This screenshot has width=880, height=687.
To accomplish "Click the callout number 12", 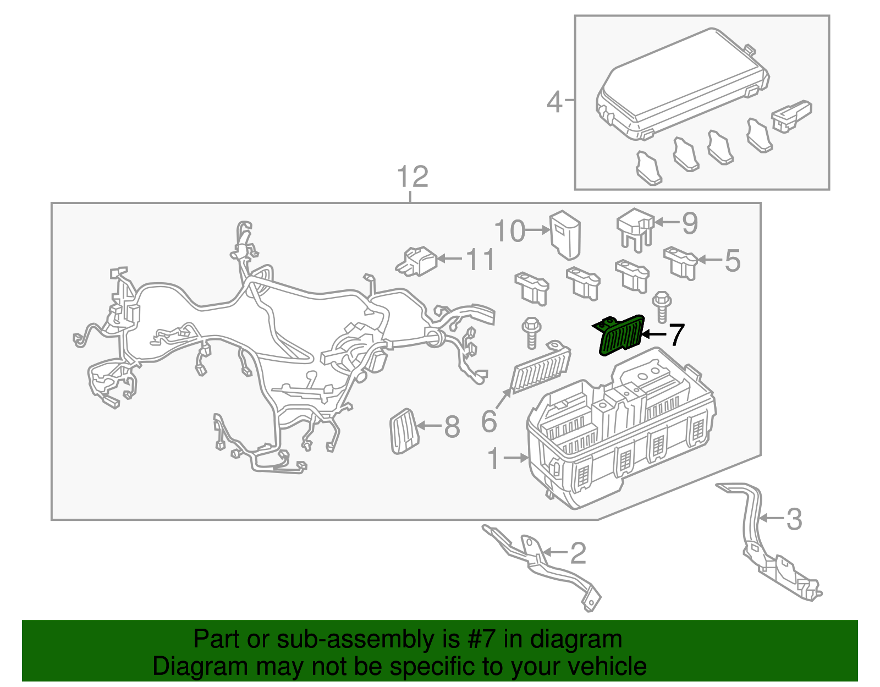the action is pos(413,177).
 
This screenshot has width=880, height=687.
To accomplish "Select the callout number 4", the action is pos(554,102).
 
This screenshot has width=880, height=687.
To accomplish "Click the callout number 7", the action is pos(676,335).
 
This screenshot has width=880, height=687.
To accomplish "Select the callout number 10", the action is pos(510,231).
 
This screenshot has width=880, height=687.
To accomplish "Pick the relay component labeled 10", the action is pos(565,234).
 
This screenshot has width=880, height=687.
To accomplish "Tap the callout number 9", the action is pos(690,223).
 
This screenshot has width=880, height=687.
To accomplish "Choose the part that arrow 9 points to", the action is pos(635,229).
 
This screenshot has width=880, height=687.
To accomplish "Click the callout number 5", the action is pos(732,260).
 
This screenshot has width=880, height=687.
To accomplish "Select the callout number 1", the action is pos(494,459).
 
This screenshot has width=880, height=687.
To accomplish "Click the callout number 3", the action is pos(794,519).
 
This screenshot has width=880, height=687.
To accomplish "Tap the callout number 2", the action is pos(578,553).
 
